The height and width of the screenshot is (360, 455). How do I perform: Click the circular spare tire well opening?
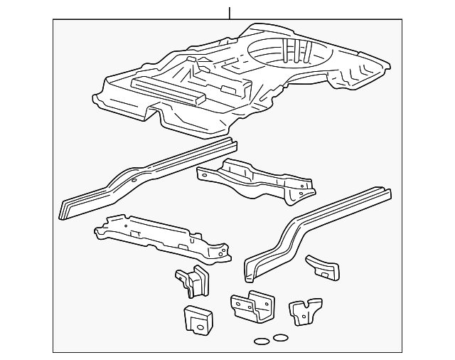click(280, 52)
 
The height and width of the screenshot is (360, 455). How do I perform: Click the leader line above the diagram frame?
click(230, 13)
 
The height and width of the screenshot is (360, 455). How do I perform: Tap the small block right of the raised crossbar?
click(228, 90)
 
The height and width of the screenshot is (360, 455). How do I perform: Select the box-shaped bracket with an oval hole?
click(198, 319)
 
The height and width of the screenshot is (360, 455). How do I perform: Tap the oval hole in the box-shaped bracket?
click(200, 327)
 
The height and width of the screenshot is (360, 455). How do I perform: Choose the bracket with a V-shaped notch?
click(304, 311)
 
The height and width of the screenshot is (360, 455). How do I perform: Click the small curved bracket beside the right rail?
click(323, 266)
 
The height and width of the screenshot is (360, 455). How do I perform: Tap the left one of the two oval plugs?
click(262, 342)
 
